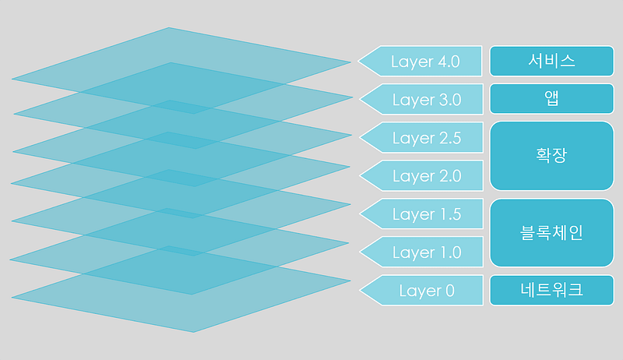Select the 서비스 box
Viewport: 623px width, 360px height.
tap(552, 61)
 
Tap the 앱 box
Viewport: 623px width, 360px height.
tap(552, 98)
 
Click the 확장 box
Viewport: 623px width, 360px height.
tap(552, 156)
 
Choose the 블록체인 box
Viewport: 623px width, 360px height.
tap(552, 233)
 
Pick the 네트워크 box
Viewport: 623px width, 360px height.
tap(552, 290)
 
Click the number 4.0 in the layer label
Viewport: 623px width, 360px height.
tap(449, 62)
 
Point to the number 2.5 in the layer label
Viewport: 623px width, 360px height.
tap(450, 138)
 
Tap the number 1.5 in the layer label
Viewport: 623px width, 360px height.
tap(451, 214)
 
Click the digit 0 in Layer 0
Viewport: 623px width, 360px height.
tap(450, 291)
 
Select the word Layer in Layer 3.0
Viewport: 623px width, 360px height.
tap(414, 101)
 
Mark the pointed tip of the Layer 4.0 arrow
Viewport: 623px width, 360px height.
tap(358, 62)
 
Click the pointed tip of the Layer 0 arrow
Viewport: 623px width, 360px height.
tap(360, 290)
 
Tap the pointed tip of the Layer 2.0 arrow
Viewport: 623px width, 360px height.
tap(360, 175)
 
